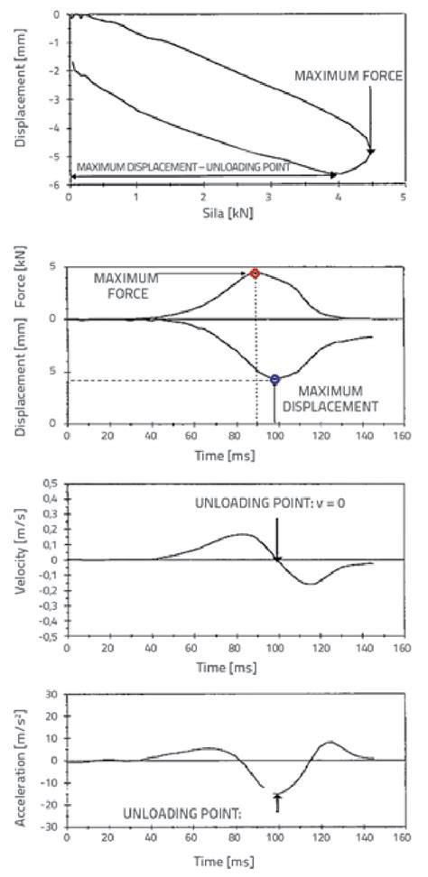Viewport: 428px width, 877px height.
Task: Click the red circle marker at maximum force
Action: pos(255,273)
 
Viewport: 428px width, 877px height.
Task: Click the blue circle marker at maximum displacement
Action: pos(275,380)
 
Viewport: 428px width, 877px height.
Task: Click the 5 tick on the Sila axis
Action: pos(405,196)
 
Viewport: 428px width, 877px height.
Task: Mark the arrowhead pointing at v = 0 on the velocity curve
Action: pos(276,557)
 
